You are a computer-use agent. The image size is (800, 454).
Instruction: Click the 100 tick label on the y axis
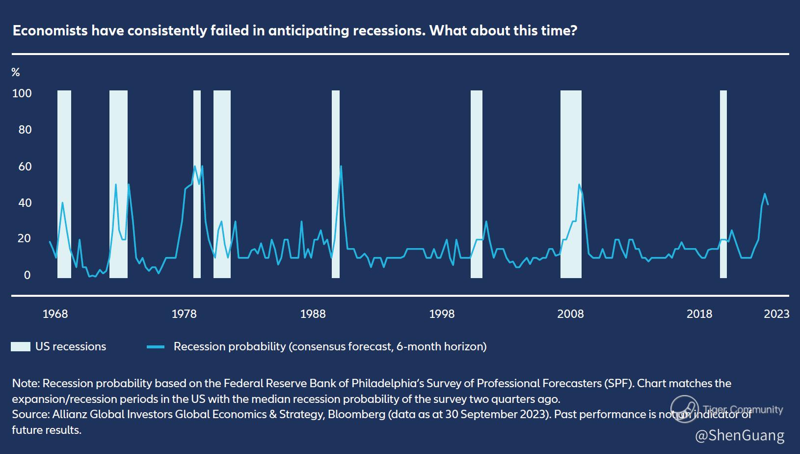click(22, 93)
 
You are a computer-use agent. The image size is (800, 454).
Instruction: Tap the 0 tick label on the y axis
click(27, 275)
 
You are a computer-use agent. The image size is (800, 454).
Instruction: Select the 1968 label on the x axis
click(55, 314)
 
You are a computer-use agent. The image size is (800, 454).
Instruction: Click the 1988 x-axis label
click(313, 314)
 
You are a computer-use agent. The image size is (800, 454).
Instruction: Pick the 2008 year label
click(570, 314)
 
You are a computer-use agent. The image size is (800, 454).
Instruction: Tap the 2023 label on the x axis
click(776, 314)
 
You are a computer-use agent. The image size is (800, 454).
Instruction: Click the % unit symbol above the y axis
click(16, 73)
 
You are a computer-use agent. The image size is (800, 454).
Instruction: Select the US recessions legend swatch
click(20, 347)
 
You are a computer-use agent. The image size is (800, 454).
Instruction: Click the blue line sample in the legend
click(156, 347)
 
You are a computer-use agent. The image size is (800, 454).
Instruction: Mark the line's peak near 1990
click(341, 166)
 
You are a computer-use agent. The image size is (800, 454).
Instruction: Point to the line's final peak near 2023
click(765, 194)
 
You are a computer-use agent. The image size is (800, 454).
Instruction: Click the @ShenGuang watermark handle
click(740, 435)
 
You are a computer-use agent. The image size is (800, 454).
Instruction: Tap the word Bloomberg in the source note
click(356, 414)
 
